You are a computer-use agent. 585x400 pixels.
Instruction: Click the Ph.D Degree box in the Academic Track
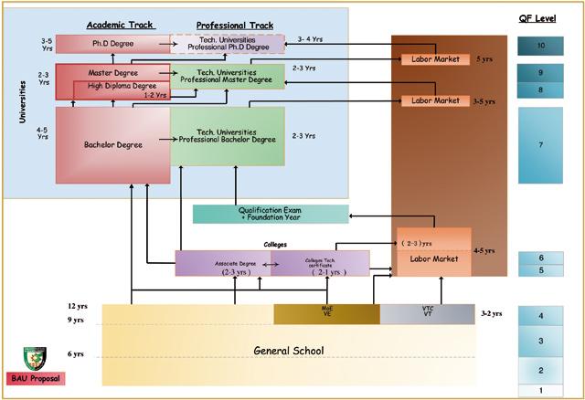[112, 43]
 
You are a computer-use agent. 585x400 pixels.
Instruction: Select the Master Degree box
[112, 72]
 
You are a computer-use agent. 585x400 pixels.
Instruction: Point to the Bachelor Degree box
[112, 143]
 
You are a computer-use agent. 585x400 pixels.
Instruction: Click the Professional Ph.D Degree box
[228, 43]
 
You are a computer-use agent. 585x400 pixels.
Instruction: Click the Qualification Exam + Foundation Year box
[271, 214]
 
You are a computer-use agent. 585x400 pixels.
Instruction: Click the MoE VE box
[326, 313]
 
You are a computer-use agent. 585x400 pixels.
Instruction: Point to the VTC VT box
[427, 313]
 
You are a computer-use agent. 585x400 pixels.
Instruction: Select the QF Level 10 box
[542, 45]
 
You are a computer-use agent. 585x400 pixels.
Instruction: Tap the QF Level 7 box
[542, 146]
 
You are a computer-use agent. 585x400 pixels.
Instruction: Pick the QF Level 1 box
[542, 391]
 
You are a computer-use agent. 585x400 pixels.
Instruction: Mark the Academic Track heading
[119, 25]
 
